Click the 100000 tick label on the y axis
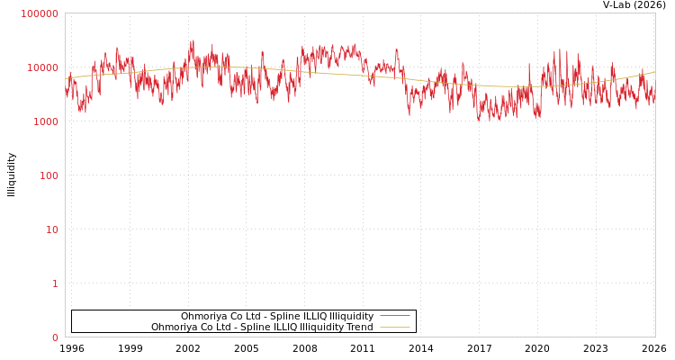(x=40, y=13)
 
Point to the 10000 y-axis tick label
(x=42, y=67)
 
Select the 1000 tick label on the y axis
(x=45, y=121)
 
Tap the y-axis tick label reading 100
(x=48, y=175)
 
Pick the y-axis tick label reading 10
(x=51, y=229)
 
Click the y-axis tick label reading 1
(x=55, y=283)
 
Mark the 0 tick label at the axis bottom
(x=55, y=337)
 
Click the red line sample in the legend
(x=394, y=316)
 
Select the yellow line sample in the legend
(x=394, y=327)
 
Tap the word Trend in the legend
(x=358, y=327)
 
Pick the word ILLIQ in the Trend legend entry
(x=271, y=327)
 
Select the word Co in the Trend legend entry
(x=204, y=327)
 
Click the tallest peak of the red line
(x=192, y=40)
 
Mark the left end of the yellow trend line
(x=66, y=78)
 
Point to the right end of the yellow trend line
(x=654, y=72)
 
